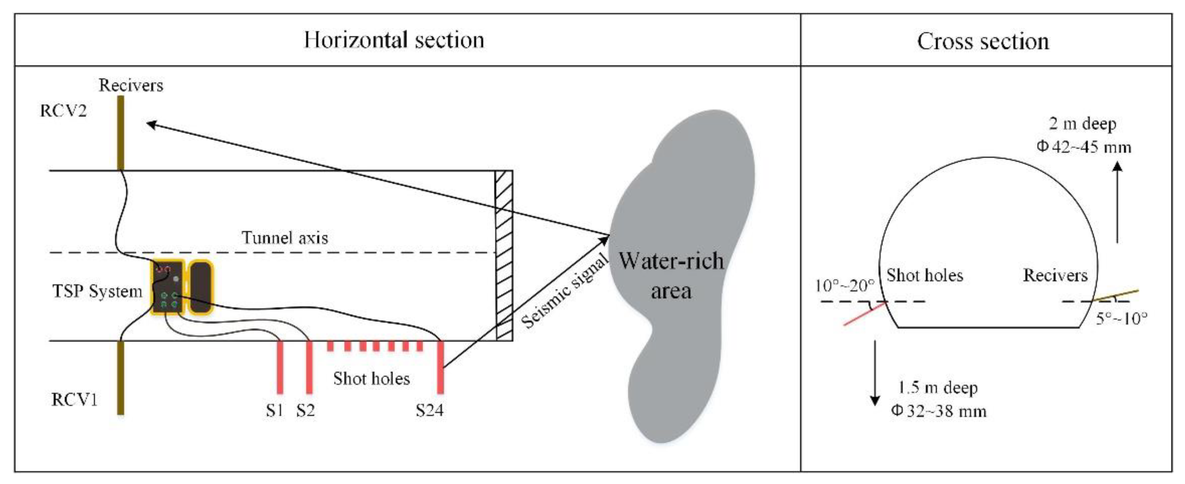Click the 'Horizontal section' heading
pos(394,40)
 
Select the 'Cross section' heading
pos(983,41)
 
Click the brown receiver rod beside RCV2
pos(121,133)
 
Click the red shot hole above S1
pos(280,367)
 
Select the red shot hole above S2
pos(309,367)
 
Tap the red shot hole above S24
pos(440,367)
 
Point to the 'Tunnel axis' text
pos(285,238)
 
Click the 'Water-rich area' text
pos(671,276)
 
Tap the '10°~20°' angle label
pos(844,286)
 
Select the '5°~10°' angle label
pos(1121,318)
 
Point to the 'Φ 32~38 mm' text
pos(938,410)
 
